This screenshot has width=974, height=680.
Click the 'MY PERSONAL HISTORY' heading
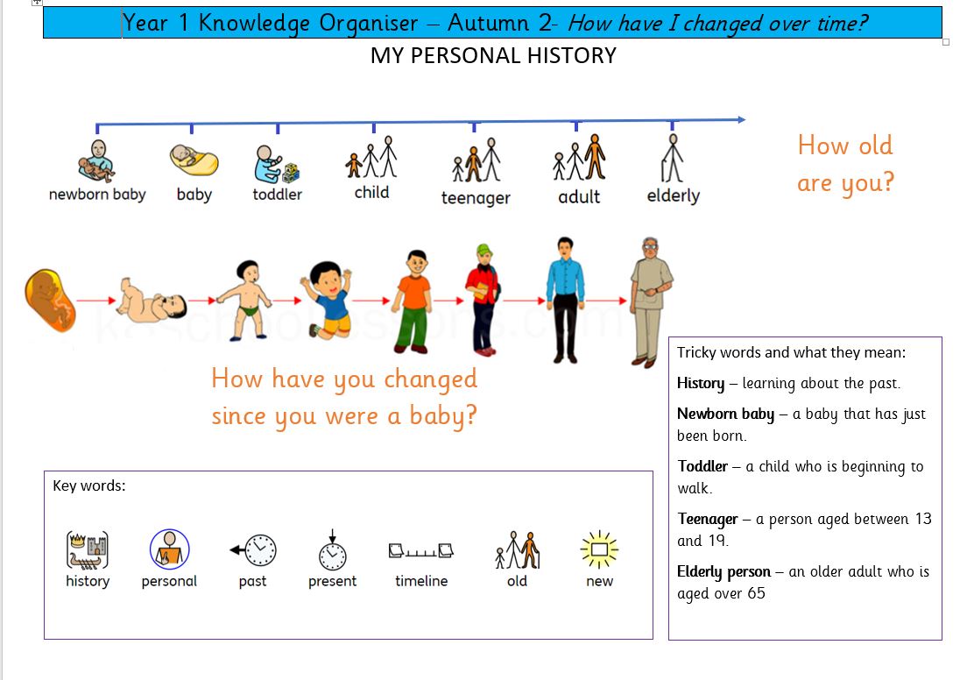click(x=493, y=56)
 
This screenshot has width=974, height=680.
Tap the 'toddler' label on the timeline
click(x=277, y=195)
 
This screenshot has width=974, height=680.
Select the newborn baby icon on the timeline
click(x=95, y=160)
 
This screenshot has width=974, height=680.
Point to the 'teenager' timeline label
click(x=476, y=198)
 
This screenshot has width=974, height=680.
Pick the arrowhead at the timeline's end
click(x=740, y=120)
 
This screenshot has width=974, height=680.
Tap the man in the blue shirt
click(x=565, y=299)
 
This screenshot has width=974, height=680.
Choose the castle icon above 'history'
click(x=88, y=550)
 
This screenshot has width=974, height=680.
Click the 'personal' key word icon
click(x=169, y=549)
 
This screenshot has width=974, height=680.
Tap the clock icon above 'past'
click(x=254, y=550)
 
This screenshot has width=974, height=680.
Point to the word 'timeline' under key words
click(x=421, y=581)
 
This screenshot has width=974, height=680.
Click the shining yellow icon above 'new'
click(x=599, y=549)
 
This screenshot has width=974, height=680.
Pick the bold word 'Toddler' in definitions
click(x=702, y=466)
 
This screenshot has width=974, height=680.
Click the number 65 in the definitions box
click(x=756, y=593)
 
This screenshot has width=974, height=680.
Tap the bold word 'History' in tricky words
click(x=701, y=383)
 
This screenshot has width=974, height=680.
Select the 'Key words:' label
click(x=89, y=485)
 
